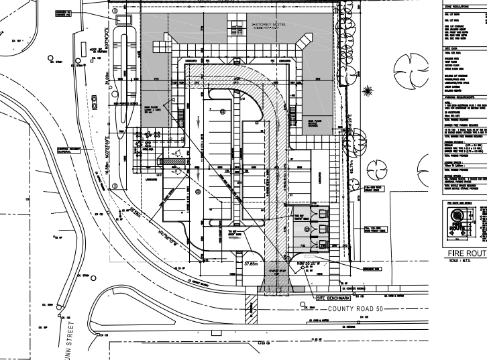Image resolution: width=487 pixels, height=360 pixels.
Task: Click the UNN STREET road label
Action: point(80,336)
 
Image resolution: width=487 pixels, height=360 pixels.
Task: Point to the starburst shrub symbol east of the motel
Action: point(368,90)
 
